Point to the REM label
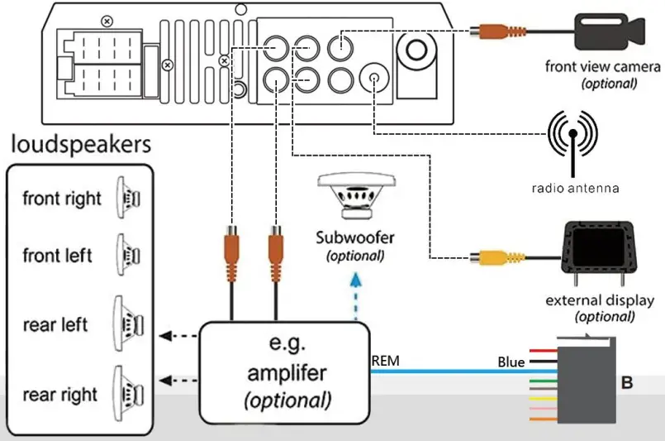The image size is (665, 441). [x=387, y=360]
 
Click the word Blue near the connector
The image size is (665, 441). [x=511, y=362]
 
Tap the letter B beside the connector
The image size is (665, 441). [x=627, y=383]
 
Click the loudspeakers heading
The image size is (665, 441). [x=80, y=146]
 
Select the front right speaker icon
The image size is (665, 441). [x=131, y=199]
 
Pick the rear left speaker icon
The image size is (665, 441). [x=129, y=323]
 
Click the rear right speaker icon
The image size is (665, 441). [x=129, y=393]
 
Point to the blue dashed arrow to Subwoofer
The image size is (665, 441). [x=356, y=294]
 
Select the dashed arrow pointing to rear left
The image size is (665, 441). [x=177, y=336]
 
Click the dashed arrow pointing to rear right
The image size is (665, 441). [x=177, y=381]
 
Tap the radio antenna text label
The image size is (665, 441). [x=575, y=188]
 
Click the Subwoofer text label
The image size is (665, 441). [x=355, y=238]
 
